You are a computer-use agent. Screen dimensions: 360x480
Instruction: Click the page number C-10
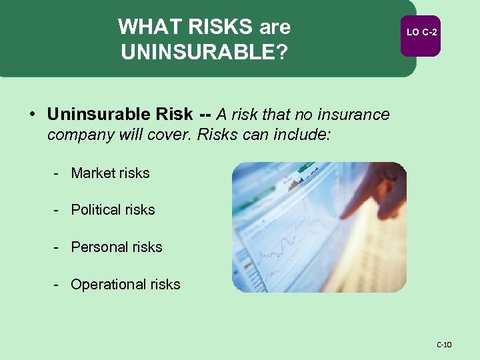[x=444, y=345]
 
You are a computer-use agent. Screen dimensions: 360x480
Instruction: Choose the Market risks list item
[x=110, y=173]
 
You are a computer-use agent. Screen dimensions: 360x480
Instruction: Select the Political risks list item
[x=113, y=209]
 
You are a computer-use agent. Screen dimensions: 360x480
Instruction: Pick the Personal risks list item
[x=117, y=247]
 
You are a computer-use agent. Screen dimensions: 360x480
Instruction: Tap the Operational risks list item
[x=125, y=284]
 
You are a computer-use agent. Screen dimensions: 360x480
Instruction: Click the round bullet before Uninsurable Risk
[x=32, y=115]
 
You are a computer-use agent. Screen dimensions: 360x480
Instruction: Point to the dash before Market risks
[x=58, y=173]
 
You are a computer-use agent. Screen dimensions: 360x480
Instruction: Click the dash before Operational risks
[x=58, y=284]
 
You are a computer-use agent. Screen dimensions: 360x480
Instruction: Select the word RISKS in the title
[x=217, y=27]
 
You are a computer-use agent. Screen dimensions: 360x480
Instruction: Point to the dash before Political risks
[x=58, y=209]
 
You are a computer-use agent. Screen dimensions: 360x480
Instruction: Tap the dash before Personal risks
[x=58, y=247]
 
